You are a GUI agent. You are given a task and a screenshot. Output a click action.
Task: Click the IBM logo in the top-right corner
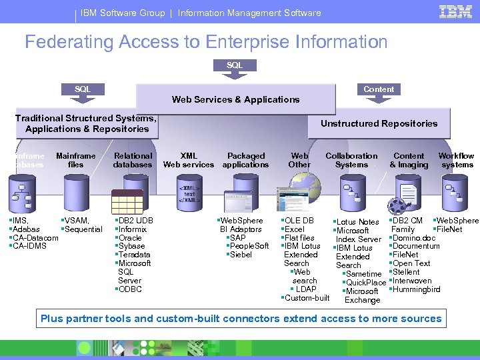pos(456,11)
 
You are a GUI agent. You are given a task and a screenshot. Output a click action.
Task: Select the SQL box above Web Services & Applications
pos(235,65)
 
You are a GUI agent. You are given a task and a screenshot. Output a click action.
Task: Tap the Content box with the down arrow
pos(379,89)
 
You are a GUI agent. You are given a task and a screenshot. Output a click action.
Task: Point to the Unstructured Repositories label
pos(379,123)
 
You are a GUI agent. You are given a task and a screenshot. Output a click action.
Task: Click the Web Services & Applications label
pos(235,99)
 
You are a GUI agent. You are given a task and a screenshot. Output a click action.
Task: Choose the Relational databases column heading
pos(133,160)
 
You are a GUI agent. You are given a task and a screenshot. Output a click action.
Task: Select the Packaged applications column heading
pos(245,160)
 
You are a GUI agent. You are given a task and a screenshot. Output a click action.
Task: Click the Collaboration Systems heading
pos(351,160)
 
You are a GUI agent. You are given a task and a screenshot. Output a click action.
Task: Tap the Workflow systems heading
pos(457,160)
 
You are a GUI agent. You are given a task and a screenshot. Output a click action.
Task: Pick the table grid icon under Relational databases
pos(127,201)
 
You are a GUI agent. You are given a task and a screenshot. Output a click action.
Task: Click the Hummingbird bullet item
pos(416,289)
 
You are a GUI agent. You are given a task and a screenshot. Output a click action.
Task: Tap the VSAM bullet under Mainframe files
pos(77,221)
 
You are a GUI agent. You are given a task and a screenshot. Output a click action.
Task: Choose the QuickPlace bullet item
pos(365,283)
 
